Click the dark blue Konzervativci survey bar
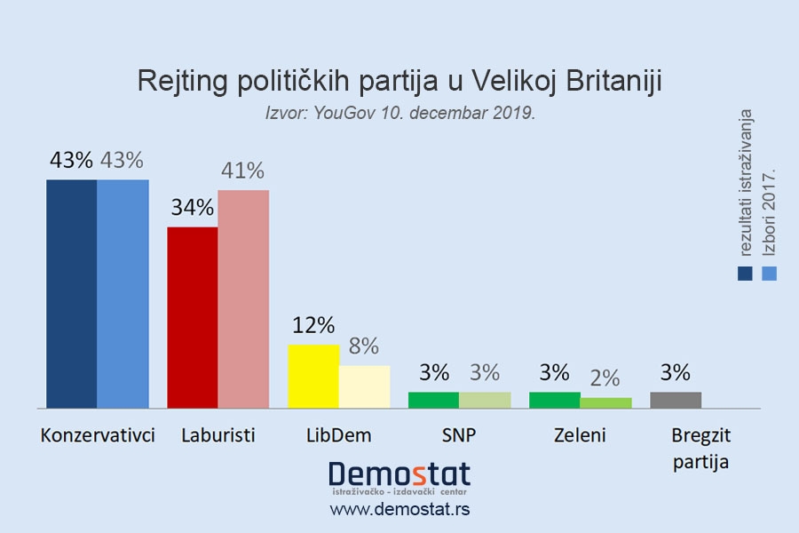[71, 293]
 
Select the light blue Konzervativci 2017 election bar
[123, 293]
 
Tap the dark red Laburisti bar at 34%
[192, 317]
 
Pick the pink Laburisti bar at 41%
[243, 298]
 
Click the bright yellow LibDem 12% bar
[313, 376]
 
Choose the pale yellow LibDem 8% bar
[364, 386]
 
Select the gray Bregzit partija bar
[676, 400]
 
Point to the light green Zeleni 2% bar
[605, 402]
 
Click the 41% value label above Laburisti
[242, 171]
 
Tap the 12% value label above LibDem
[313, 325]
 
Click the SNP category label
[459, 435]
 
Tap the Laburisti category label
[218, 435]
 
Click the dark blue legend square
[745, 273]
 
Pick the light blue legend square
[769, 273]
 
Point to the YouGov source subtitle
[399, 114]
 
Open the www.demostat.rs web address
[399, 509]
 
